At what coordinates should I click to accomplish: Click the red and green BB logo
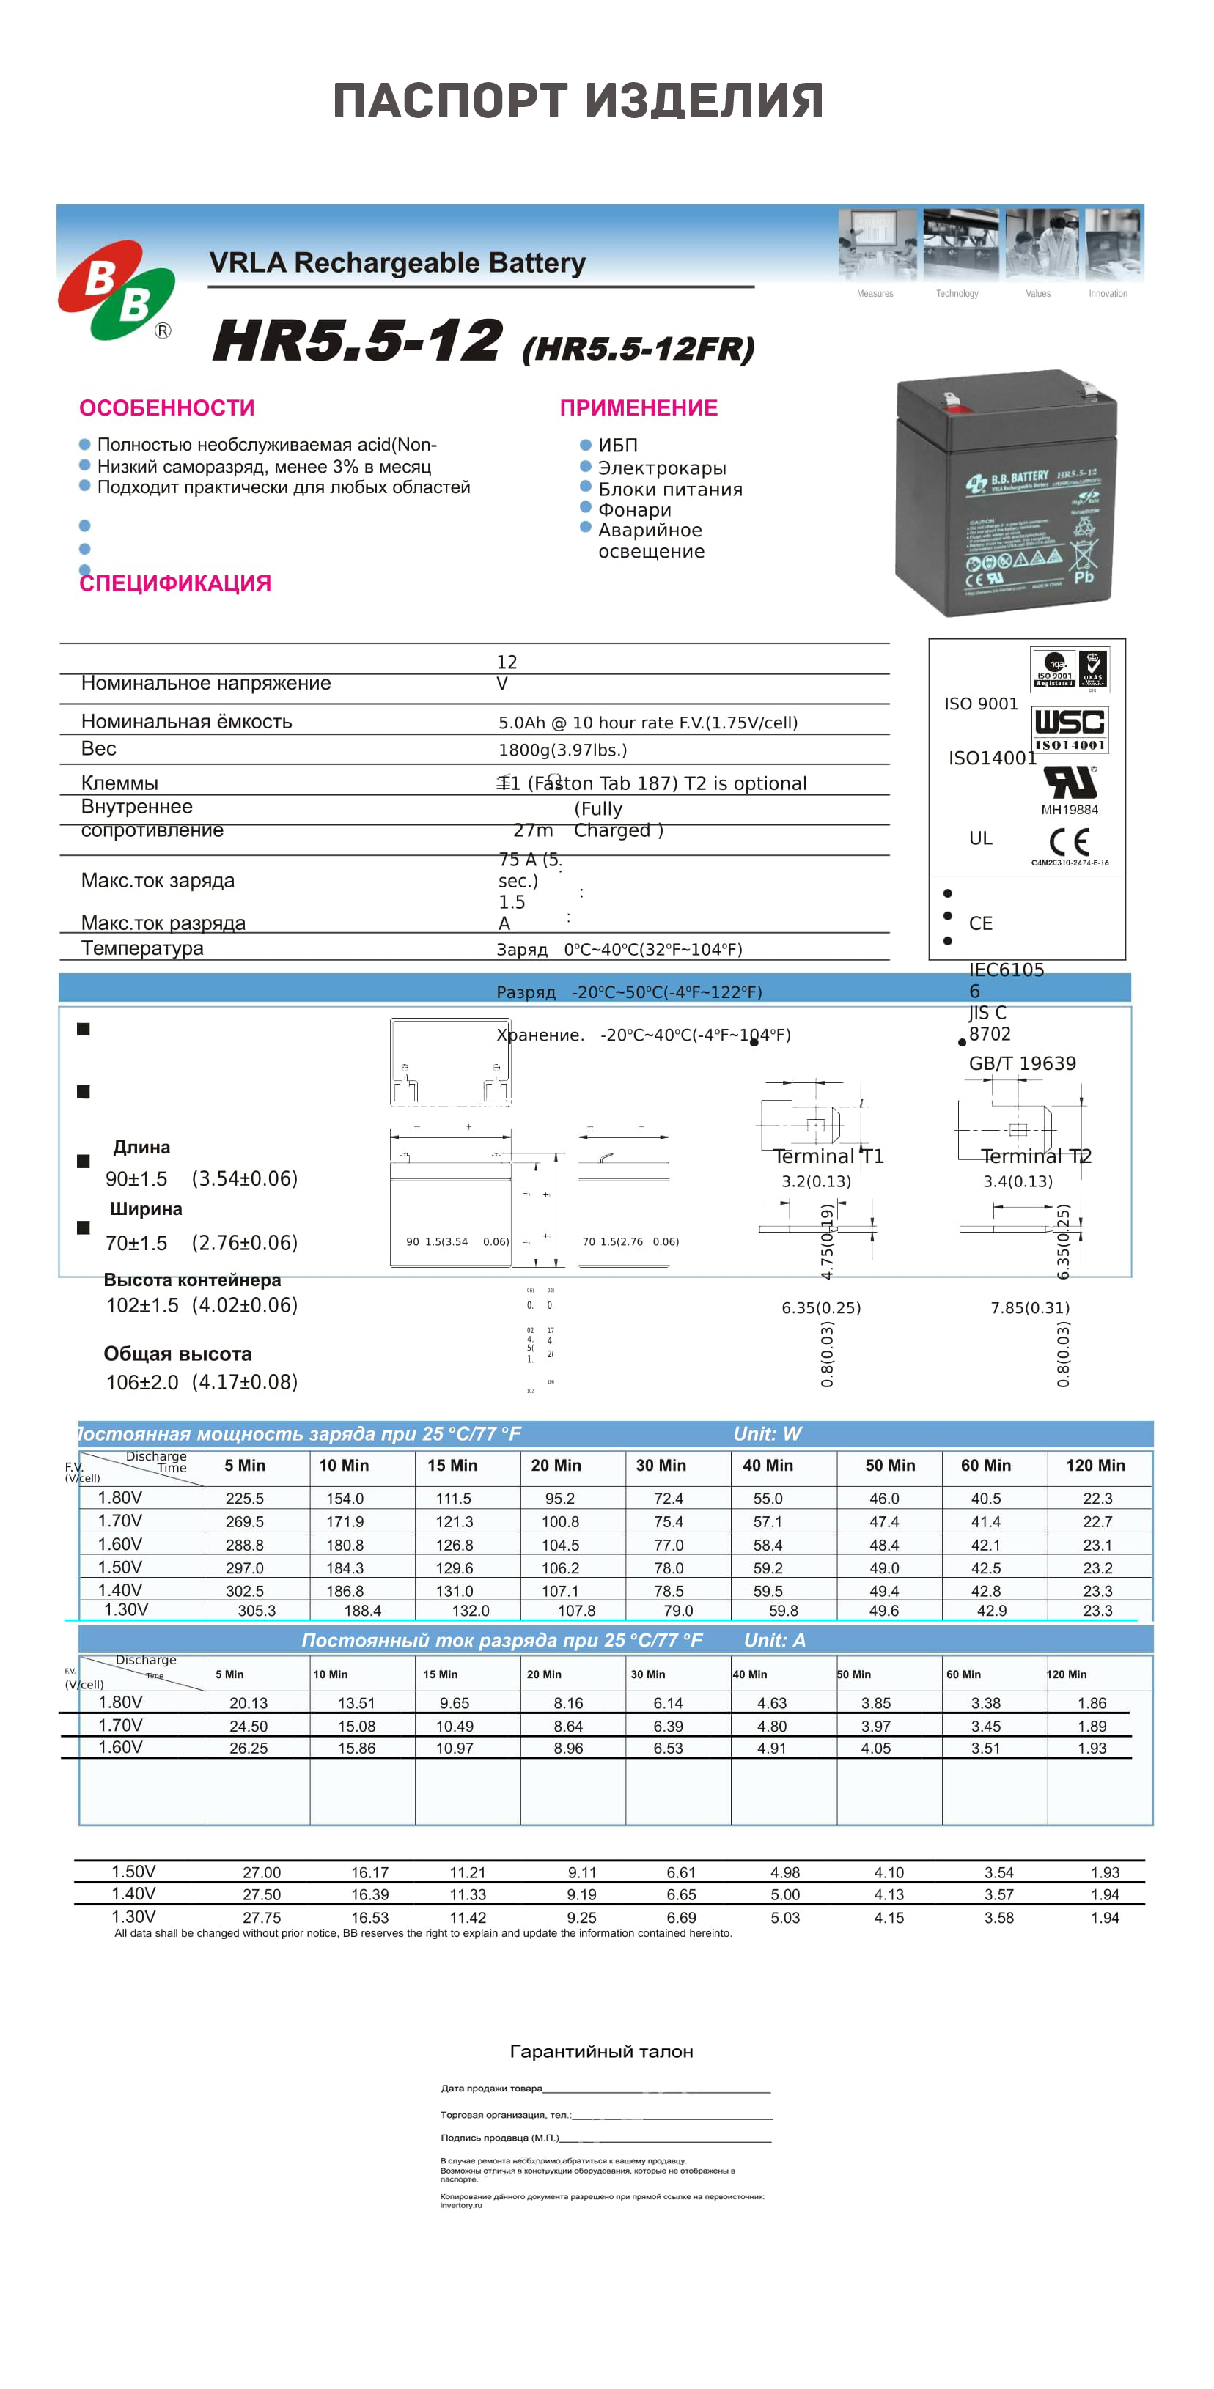tap(117, 289)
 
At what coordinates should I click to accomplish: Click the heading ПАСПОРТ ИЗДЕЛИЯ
tap(578, 101)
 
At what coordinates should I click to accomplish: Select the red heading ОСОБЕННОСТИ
tap(167, 408)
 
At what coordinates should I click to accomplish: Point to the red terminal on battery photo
tap(952, 401)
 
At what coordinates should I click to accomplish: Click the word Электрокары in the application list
tap(661, 468)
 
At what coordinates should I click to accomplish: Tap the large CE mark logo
tap(1068, 841)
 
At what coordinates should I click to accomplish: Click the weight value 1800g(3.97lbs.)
tap(563, 750)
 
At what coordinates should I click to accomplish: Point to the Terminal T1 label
tap(829, 1156)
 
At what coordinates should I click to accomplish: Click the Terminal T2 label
tap(1036, 1156)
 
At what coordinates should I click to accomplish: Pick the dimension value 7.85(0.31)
tap(1029, 1307)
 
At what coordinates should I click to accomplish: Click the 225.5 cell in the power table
tap(245, 1499)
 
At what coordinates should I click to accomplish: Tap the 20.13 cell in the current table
tap(249, 1704)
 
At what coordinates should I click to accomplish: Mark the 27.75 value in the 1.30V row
tap(262, 1918)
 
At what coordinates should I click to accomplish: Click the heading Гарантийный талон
tap(602, 2051)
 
